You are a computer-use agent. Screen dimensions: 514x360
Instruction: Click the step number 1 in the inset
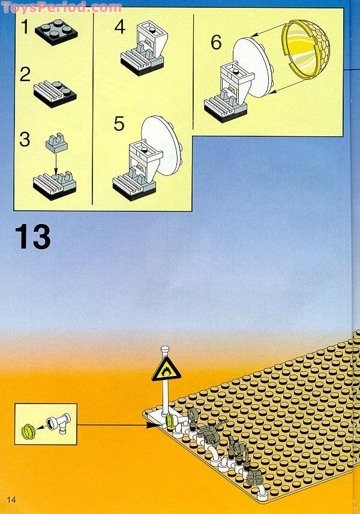pyautogui.click(x=25, y=27)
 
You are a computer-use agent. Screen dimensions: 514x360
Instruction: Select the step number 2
pyautogui.click(x=25, y=75)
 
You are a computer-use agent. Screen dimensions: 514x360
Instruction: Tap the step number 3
pyautogui.click(x=25, y=139)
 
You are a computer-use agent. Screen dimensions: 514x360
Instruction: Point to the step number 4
pyautogui.click(x=120, y=27)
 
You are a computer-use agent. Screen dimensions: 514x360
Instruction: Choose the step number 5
pyautogui.click(x=119, y=124)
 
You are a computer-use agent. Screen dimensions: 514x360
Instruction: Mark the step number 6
pyautogui.click(x=216, y=43)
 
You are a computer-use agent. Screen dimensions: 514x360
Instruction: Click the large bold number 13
pyautogui.click(x=33, y=237)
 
